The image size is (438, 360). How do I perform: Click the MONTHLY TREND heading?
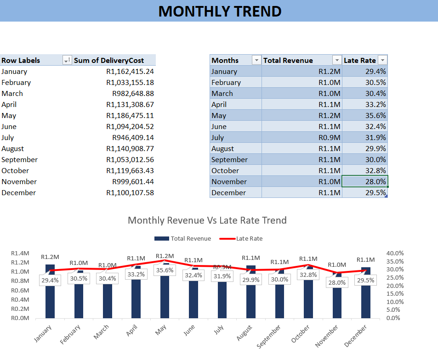(x=220, y=11)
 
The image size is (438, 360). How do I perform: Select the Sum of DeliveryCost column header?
(x=109, y=60)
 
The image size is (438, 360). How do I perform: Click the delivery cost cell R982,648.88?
(x=133, y=93)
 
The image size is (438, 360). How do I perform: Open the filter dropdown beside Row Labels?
(x=67, y=60)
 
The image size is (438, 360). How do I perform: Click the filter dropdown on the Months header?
(x=256, y=60)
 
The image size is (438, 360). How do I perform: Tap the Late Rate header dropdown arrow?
(x=382, y=60)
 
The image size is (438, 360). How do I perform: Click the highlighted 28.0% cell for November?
(x=365, y=181)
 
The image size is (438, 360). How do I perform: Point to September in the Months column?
(x=229, y=159)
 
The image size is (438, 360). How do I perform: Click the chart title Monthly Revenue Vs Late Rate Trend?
(x=207, y=220)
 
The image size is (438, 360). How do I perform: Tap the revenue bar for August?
(x=251, y=298)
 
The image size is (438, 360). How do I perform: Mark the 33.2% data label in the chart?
(x=136, y=275)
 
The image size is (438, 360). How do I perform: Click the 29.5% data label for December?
(x=366, y=280)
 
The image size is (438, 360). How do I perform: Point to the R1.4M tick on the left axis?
(x=20, y=253)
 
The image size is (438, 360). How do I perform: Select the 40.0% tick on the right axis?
(x=395, y=253)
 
